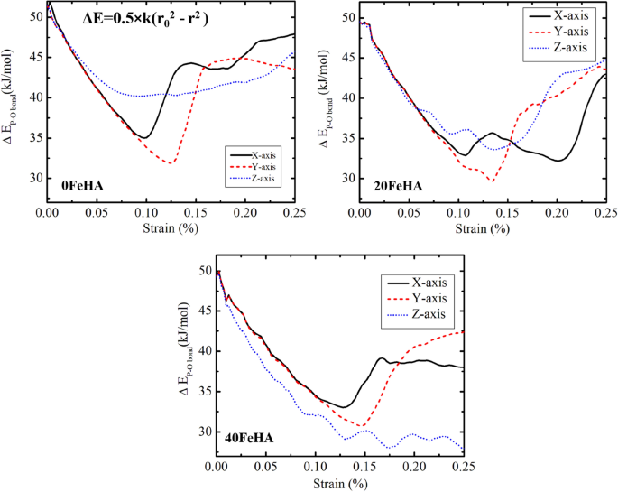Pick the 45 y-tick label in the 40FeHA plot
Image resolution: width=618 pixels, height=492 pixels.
pyautogui.click(x=203, y=311)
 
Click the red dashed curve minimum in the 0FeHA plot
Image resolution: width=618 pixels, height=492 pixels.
pyautogui.click(x=170, y=163)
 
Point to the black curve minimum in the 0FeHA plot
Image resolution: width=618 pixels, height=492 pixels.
pyautogui.click(x=143, y=138)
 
